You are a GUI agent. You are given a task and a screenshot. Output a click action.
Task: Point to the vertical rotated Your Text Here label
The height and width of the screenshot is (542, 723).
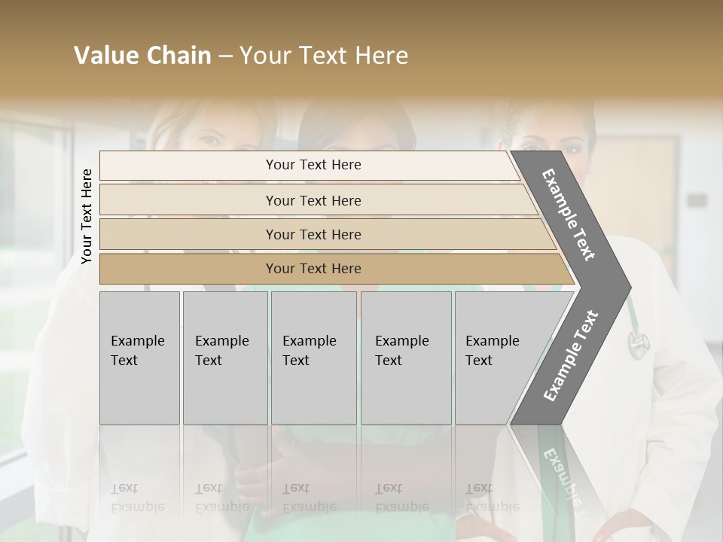coord(87,216)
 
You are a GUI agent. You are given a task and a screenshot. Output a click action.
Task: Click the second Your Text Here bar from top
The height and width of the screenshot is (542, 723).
coord(313,200)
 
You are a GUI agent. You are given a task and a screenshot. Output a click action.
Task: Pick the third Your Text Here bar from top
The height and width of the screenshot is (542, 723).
coord(313,234)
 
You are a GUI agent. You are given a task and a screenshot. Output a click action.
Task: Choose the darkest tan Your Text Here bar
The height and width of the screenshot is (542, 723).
coord(313,269)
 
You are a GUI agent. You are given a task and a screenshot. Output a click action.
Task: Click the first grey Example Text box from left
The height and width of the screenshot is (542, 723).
coord(139,358)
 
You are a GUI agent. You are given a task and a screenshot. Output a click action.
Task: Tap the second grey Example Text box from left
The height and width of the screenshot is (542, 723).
coord(225,358)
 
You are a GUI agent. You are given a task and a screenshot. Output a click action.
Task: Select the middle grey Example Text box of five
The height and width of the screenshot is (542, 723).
coord(313,358)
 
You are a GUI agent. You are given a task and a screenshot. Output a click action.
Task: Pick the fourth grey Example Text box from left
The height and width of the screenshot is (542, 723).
coord(406,358)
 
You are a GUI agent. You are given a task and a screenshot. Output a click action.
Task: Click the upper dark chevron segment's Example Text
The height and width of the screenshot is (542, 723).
coord(569,215)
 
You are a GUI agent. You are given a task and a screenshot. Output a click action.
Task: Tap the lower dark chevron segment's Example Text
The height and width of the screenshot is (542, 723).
coord(571,355)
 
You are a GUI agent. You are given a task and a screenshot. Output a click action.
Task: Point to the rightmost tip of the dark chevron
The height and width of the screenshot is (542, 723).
coord(630,288)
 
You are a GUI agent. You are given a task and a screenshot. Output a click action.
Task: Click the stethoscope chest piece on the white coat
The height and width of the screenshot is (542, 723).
coord(638,343)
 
